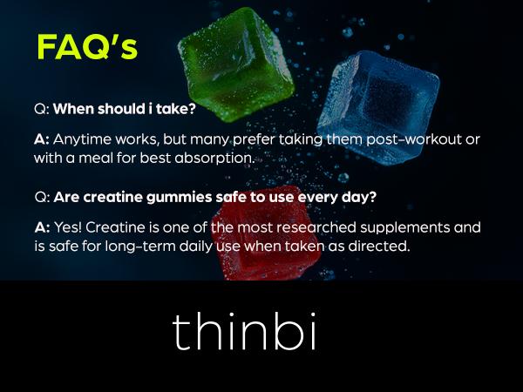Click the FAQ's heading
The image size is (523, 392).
86,47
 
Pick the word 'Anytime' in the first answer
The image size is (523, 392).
84,140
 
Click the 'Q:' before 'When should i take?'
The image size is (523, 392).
41,111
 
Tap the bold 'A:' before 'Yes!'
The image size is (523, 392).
42,227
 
